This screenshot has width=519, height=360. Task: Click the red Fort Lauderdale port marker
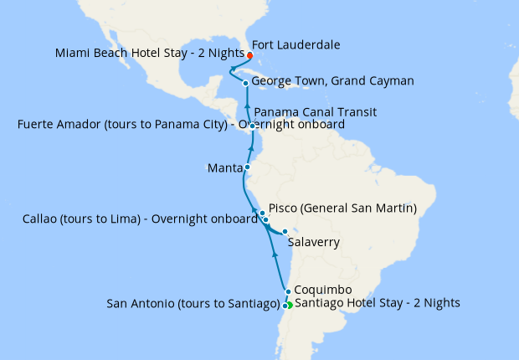[x=249, y=55]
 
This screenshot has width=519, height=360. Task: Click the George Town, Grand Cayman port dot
[x=244, y=83]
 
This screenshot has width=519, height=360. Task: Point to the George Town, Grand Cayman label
[x=321, y=82]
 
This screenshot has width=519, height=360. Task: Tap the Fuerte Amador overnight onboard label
[x=180, y=125]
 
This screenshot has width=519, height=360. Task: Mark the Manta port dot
[x=247, y=167]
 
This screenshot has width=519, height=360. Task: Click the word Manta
[x=225, y=168]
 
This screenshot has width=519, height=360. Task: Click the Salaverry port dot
[x=285, y=232]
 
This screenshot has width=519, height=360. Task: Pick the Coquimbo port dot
[x=288, y=292]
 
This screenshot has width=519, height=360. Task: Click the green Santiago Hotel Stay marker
[x=290, y=305]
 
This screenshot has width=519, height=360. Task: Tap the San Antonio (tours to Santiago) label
[x=193, y=304]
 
